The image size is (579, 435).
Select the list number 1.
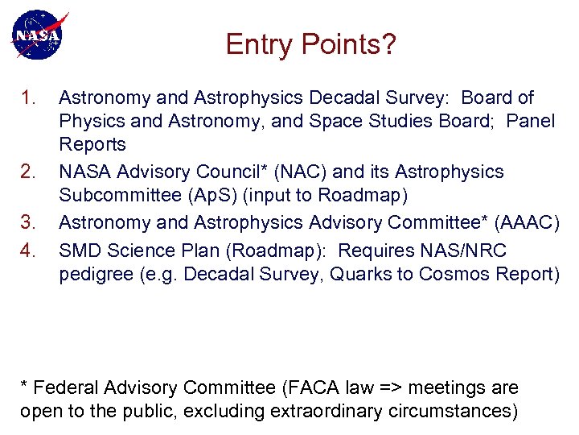tap(28, 98)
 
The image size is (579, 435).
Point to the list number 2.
tap(28, 172)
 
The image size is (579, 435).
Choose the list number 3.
tap(28, 223)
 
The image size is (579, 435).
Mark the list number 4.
tap(28, 251)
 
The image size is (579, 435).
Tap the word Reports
tap(92, 145)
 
